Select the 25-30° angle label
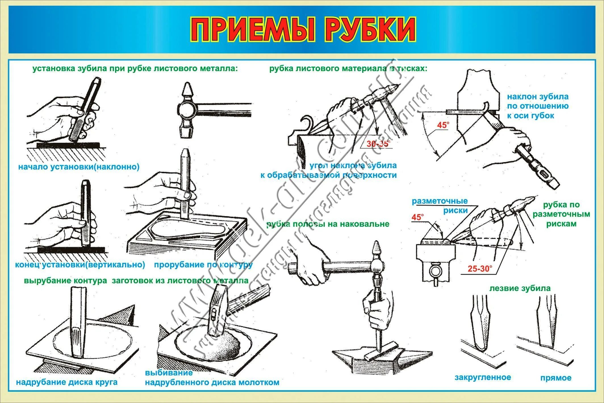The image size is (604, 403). point(480,269)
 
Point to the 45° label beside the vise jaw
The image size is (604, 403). point(443,125)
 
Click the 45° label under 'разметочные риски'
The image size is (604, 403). point(417,217)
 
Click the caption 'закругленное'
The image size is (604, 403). point(483,377)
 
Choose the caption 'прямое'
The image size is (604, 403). point(556,378)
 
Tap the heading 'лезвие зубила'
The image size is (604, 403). point(520,288)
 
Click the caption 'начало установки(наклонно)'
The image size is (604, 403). point(79,167)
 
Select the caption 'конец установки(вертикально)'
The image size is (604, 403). point(80,265)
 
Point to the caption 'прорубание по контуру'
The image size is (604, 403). point(203,265)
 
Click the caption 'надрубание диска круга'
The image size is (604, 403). point(66,382)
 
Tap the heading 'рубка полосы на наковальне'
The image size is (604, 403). point(328,224)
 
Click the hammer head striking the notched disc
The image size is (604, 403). point(217,310)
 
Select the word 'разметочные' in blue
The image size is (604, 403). point(440,201)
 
